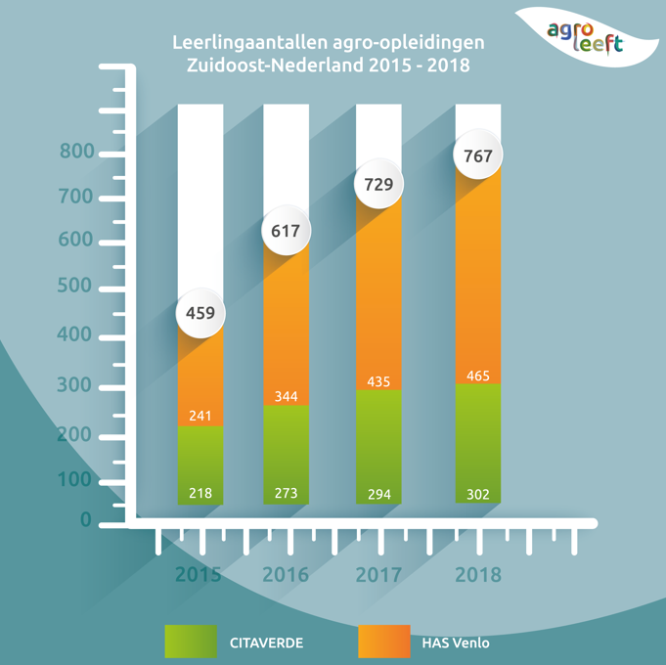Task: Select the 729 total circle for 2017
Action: (378, 184)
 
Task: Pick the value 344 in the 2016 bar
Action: (286, 396)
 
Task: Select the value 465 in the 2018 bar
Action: (478, 376)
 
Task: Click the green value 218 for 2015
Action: (200, 493)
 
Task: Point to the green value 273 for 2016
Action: (286, 493)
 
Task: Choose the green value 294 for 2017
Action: (378, 494)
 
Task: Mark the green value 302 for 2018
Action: (478, 494)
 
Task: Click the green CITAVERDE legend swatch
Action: (191, 642)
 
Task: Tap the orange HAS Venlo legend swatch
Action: (383, 642)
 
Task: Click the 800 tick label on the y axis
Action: (75, 152)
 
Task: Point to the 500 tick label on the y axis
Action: (75, 286)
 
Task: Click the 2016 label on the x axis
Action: (286, 574)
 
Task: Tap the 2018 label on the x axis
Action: (478, 574)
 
